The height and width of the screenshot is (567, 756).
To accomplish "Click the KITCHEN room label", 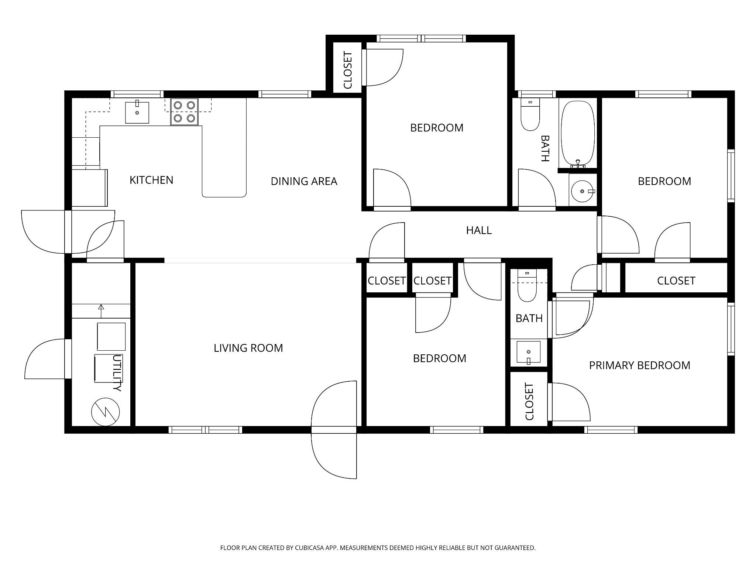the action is tap(151, 180).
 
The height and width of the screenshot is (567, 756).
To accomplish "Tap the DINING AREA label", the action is tap(304, 181).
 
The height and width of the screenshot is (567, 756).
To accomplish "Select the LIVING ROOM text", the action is tap(248, 348).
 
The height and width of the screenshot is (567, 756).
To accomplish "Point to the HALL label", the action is tap(479, 230).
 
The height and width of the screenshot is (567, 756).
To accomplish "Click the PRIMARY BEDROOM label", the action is tap(640, 365).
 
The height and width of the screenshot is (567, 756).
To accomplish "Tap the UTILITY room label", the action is tap(117, 373).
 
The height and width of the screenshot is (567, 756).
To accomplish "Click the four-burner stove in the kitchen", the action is tap(184, 112).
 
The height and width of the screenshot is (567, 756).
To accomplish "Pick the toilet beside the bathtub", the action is tap(530, 114).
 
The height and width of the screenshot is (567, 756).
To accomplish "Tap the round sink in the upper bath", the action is tap(583, 191).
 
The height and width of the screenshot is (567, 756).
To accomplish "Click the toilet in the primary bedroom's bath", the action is tap(527, 286).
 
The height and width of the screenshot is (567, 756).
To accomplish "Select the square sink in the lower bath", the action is tap(528, 352).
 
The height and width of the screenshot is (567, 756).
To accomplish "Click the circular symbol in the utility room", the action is tap(106, 412).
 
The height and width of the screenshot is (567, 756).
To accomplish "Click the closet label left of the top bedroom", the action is tap(348, 71).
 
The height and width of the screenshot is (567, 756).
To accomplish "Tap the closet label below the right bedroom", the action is tap(676, 281).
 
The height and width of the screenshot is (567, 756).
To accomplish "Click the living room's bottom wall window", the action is tap(205, 430).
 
